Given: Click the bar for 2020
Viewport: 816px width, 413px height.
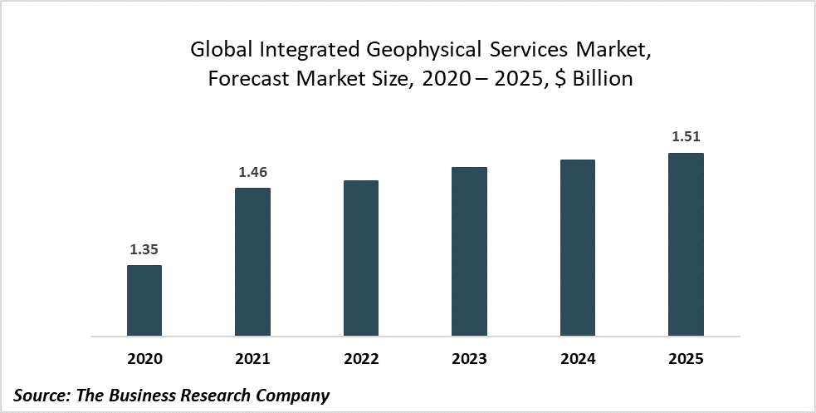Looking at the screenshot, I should point(144,301).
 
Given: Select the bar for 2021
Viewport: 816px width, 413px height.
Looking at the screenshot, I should point(252,262).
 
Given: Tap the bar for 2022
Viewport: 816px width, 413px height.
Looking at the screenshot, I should point(361,258).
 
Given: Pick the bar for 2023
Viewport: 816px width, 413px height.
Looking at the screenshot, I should point(469,252).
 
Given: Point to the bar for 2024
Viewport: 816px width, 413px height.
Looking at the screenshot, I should point(578,248).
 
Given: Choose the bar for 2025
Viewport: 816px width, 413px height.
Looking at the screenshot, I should point(686,244).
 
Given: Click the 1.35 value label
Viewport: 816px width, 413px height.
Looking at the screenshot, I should point(144,249).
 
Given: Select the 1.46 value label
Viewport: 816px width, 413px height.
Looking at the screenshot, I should point(252,172).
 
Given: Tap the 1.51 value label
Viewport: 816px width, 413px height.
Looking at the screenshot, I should point(686,137).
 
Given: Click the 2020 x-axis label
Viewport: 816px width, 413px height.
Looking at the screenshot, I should point(144,359).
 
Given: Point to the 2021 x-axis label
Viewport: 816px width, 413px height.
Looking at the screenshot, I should point(252,359).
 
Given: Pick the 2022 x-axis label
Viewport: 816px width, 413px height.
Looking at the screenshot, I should point(361,359).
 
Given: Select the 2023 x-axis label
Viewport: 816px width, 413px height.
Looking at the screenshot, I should point(469,359).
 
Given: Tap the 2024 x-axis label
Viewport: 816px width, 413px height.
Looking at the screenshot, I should point(578,359).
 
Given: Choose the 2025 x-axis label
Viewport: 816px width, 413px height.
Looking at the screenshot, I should point(686,359).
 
